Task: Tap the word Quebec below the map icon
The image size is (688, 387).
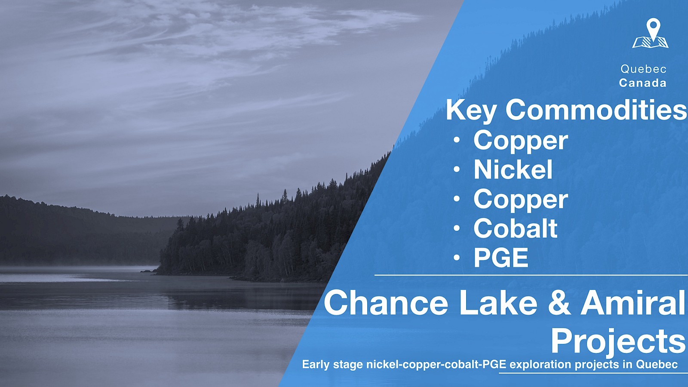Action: (x=643, y=69)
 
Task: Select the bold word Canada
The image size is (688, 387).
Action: (x=642, y=83)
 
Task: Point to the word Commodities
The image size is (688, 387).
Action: (x=596, y=110)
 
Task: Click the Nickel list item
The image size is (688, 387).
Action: (x=513, y=169)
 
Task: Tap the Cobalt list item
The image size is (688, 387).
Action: (x=516, y=228)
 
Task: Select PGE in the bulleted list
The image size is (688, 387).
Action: (x=501, y=258)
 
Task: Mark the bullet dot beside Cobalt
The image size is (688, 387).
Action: (x=457, y=228)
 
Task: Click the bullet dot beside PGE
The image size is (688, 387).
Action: (x=457, y=258)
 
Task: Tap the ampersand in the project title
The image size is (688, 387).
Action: (x=559, y=303)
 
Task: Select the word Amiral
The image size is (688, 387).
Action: (x=633, y=303)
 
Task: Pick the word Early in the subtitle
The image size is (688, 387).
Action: (x=316, y=365)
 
